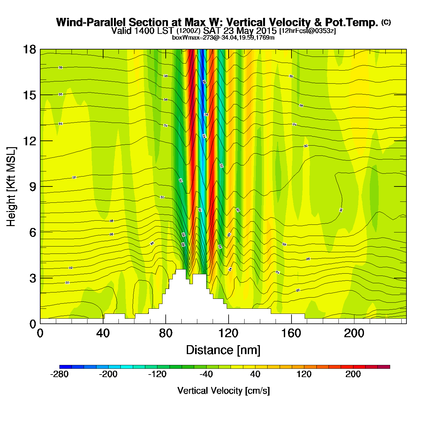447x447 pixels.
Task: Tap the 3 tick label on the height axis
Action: coord(33,278)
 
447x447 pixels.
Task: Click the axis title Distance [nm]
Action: coord(223,350)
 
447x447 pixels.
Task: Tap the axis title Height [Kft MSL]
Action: coord(11,187)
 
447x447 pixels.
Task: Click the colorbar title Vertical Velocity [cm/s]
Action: coord(223,390)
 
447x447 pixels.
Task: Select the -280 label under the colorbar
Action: coord(59,374)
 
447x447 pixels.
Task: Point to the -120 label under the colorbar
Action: coord(157,374)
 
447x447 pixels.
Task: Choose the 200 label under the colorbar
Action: coord(353,374)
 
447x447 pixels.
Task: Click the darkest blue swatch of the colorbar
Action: coord(65,367)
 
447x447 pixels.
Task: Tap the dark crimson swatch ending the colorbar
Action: coord(384,367)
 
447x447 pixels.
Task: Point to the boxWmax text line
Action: coord(223,37)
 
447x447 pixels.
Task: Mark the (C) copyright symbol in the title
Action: coord(386,22)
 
